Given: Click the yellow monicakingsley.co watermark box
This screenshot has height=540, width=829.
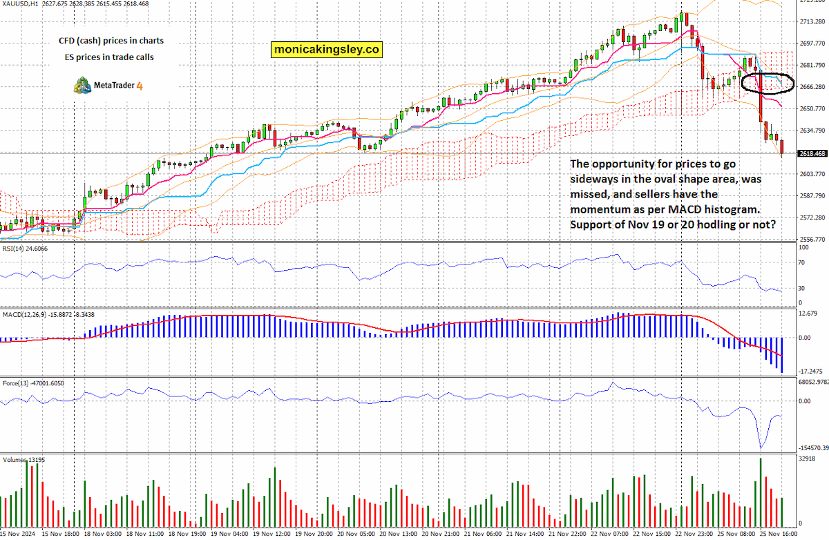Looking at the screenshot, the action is (x=326, y=50).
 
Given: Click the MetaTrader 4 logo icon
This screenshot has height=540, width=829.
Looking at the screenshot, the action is (x=82, y=86).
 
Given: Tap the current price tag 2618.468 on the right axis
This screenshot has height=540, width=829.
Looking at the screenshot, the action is (x=812, y=153).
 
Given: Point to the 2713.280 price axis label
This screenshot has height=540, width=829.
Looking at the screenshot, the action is (x=812, y=22).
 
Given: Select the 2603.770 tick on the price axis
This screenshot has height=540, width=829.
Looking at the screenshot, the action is (x=812, y=174).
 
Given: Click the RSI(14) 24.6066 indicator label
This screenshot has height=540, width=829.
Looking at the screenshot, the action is (x=25, y=249).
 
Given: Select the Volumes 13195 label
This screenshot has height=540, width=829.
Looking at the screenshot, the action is (x=23, y=460).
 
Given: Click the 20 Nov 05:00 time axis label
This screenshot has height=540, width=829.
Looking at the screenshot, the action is (x=356, y=534).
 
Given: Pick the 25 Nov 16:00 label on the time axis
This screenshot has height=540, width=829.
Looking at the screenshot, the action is (x=779, y=534).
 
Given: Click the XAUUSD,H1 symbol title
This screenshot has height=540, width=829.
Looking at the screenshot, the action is (x=20, y=3).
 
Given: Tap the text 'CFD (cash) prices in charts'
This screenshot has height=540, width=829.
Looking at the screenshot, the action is (x=111, y=41).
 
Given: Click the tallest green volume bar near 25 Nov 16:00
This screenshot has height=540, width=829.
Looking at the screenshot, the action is (x=761, y=492).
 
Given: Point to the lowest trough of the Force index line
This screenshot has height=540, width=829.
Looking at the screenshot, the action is (x=761, y=448).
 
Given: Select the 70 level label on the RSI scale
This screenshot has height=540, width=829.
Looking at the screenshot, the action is (x=801, y=262).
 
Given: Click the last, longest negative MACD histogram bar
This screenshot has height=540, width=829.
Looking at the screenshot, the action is (x=781, y=355).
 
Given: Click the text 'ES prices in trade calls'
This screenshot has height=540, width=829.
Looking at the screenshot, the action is (x=109, y=57).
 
